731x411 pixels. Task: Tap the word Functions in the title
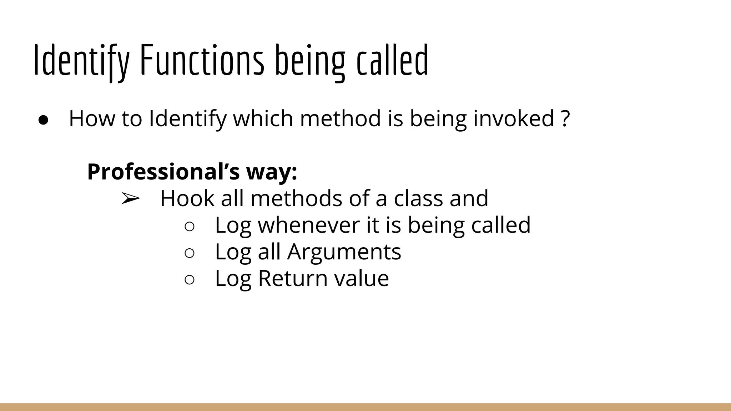click(202, 60)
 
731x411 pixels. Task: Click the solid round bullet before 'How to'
click(43, 120)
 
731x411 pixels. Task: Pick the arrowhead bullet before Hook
click(130, 199)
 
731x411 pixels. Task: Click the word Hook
click(187, 198)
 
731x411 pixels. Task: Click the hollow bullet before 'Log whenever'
click(190, 227)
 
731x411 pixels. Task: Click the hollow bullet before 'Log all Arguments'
click(190, 253)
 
